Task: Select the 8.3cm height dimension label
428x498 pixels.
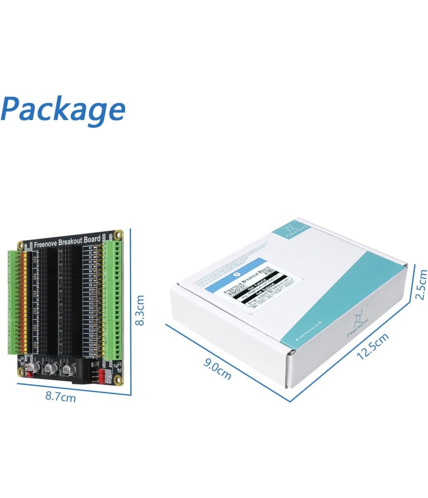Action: [140, 311]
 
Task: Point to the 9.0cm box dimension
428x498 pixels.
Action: [217, 369]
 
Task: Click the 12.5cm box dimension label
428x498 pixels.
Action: [373, 345]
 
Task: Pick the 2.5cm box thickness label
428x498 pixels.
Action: [421, 284]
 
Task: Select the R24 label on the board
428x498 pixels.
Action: [92, 354]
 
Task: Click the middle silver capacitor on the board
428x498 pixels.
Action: [52, 368]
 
